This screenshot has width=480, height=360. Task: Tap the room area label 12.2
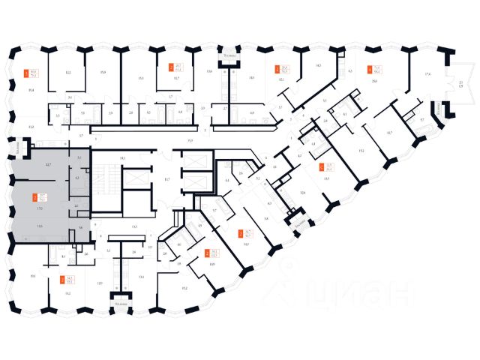click(x=67, y=73)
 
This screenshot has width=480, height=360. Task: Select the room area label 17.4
click(x=428, y=73)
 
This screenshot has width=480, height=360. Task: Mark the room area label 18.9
click(x=212, y=265)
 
